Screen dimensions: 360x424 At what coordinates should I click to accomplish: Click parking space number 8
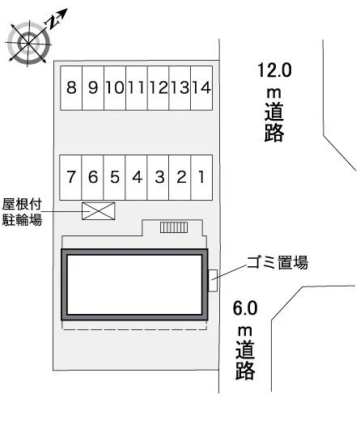[71, 88]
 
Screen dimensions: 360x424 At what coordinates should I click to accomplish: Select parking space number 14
[201, 88]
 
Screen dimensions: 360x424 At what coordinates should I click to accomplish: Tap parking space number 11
[137, 88]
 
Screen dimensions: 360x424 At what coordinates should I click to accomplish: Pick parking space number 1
[201, 177]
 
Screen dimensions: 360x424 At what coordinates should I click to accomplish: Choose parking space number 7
[70, 177]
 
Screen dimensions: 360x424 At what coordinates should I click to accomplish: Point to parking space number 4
[136, 177]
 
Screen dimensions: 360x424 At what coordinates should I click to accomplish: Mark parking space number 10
[115, 88]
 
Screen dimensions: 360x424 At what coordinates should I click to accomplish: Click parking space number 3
[158, 177]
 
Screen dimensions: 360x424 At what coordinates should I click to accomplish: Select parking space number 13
[180, 88]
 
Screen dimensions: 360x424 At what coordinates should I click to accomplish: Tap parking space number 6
[92, 177]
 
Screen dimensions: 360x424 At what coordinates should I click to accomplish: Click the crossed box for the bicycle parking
[99, 211]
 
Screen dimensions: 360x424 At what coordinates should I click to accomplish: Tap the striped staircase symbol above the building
[174, 227]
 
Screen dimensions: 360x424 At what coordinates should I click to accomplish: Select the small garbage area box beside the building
[213, 281]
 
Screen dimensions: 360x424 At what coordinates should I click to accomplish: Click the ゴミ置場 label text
[277, 262]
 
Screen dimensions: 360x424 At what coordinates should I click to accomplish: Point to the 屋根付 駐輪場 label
[22, 212]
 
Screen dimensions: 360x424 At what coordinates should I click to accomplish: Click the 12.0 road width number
[274, 70]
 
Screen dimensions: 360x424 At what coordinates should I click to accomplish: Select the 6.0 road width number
[245, 308]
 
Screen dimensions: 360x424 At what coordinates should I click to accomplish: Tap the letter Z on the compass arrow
[53, 22]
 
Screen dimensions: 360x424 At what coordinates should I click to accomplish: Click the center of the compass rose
[28, 43]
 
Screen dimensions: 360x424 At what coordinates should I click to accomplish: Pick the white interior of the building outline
[134, 285]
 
